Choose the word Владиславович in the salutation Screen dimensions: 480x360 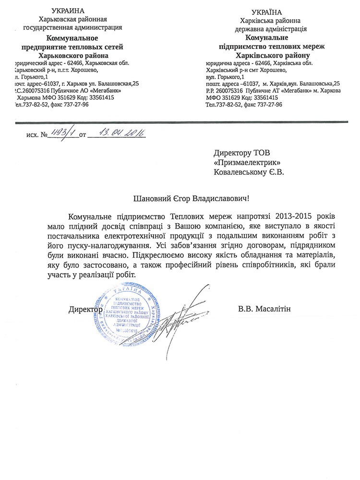(x=221, y=197)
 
